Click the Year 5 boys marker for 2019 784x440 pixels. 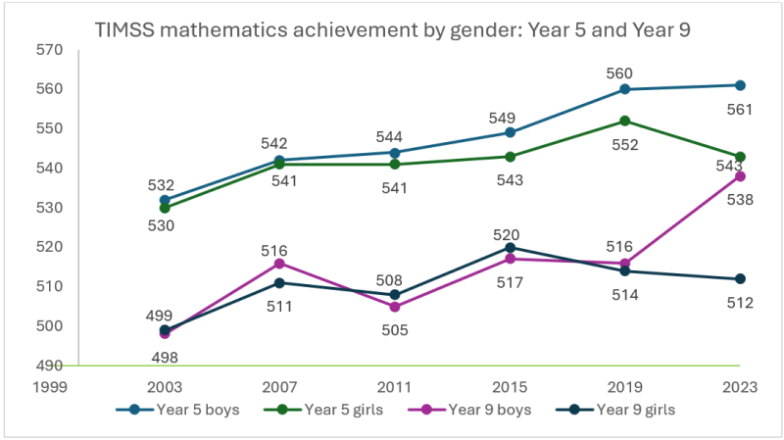click(625, 89)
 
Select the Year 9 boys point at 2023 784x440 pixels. click(741, 176)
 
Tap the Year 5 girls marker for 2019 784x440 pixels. click(625, 121)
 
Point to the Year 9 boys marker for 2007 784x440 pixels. click(279, 263)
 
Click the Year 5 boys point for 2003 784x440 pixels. click(165, 200)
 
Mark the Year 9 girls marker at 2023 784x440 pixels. click(741, 279)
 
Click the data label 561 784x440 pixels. click(741, 110)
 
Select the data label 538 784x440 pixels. click(741, 199)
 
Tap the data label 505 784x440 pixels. click(395, 329)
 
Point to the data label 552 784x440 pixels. click(625, 144)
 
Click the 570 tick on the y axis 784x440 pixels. click(48, 50)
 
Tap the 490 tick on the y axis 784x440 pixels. click(48, 366)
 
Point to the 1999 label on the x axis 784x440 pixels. click(49, 386)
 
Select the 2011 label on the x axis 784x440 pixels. click(395, 386)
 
